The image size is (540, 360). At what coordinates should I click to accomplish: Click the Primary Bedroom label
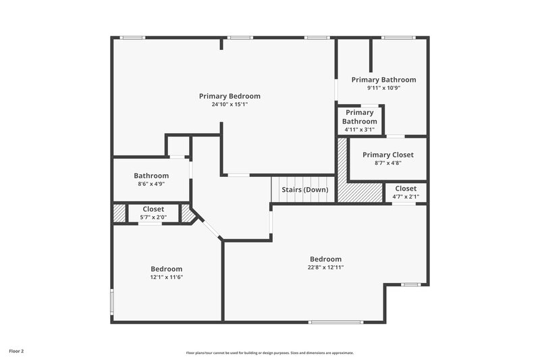pos(230,96)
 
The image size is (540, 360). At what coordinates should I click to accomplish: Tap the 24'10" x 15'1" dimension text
pos(230,105)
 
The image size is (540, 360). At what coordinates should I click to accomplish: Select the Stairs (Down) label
pos(305,190)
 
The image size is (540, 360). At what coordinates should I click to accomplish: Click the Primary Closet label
pos(388,155)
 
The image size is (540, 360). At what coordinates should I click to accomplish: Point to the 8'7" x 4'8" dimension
pos(388,163)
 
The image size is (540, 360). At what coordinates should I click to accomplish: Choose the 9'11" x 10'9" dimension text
pos(383,88)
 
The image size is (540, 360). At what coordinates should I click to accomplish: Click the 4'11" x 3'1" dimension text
pos(360,129)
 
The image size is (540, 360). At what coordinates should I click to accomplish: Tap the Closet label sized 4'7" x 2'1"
pos(406,188)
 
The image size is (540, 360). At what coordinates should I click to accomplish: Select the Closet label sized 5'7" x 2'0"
pos(153,209)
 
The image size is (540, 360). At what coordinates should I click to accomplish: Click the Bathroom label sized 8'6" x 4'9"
pos(151,176)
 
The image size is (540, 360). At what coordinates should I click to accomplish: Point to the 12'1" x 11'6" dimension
pos(166,277)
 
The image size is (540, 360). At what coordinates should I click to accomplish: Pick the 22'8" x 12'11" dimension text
pos(325,267)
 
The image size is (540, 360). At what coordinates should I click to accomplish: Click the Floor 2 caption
pos(16,351)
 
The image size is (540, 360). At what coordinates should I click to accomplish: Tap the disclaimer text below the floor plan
pos(270,353)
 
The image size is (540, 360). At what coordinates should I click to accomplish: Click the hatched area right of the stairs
pos(359,192)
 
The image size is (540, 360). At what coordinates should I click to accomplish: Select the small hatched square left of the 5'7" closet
pos(119,213)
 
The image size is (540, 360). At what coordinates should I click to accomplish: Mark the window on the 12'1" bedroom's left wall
pos(112,302)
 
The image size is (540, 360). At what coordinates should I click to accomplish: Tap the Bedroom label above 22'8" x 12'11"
pos(325,259)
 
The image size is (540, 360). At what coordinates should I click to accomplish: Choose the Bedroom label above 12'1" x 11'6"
pos(166,269)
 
